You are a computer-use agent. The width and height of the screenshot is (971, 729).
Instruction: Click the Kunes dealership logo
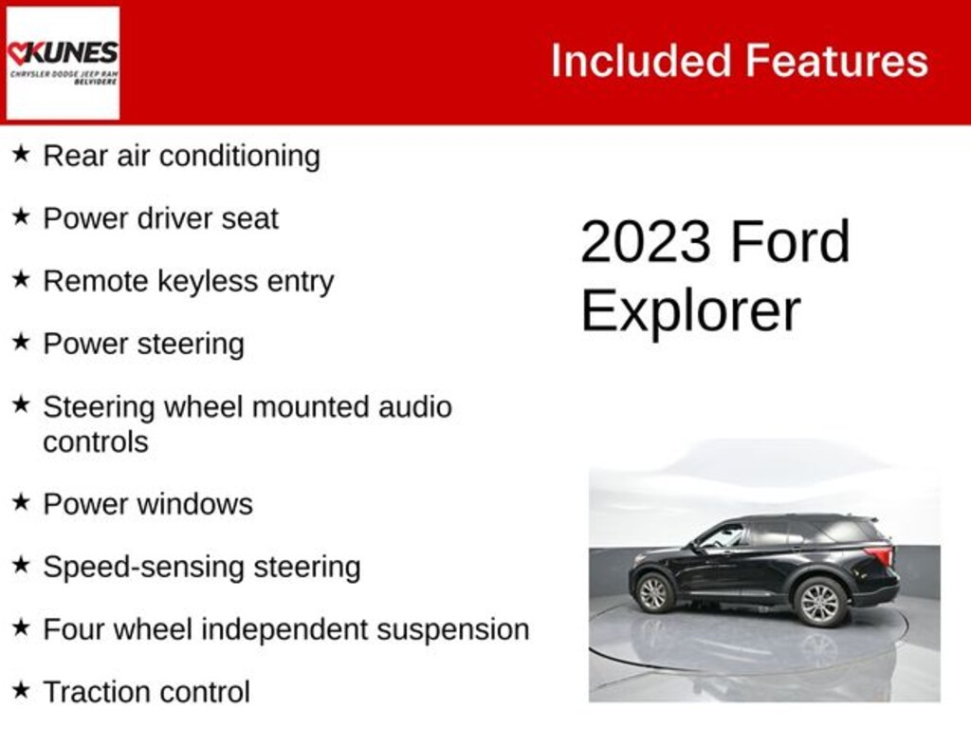pos(63,63)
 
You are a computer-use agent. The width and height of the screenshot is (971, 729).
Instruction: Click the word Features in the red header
pos(835,62)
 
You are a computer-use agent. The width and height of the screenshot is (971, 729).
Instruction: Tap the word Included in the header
pos(641,62)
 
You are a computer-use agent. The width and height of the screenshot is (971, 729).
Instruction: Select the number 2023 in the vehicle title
pos(645,242)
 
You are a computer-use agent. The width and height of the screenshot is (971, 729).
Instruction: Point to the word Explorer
pos(690,310)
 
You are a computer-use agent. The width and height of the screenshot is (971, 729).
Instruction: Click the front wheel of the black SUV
pos(653,593)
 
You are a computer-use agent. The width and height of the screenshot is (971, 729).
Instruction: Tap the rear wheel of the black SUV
pos(819,602)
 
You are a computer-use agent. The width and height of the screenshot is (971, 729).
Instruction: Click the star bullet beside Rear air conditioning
pos(21,154)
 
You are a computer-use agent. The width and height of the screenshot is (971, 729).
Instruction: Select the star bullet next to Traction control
pos(21,690)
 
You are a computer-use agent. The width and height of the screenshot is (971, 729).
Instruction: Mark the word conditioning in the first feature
pos(239,156)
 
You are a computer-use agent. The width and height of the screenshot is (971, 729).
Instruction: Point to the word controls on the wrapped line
pos(96,442)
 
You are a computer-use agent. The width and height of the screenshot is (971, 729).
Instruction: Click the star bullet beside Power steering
pos(21,342)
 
